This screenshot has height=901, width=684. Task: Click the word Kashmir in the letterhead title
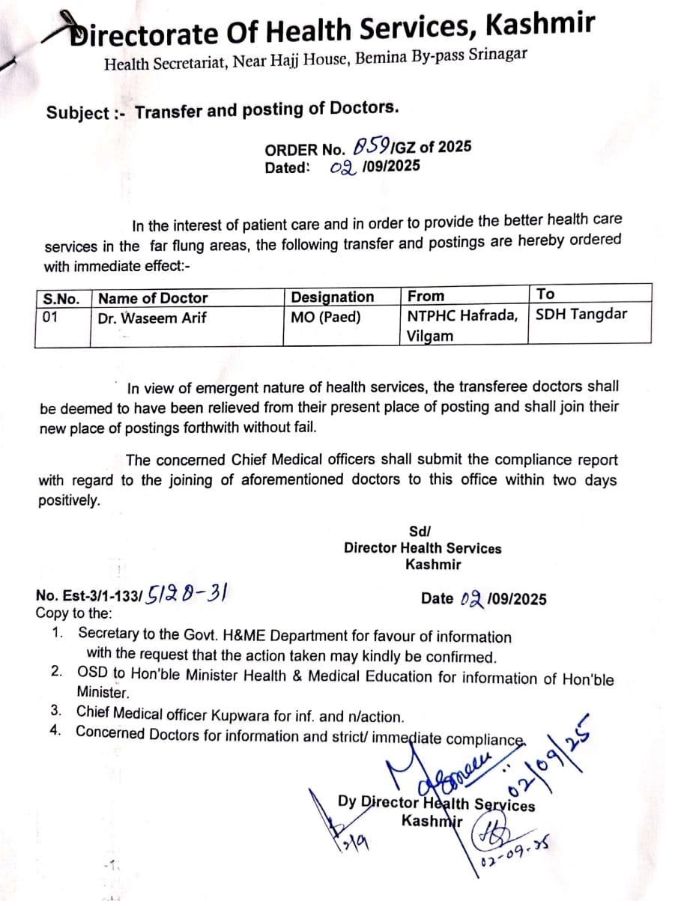pyautogui.click(x=541, y=25)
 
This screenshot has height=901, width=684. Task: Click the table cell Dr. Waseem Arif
pyautogui.click(x=152, y=318)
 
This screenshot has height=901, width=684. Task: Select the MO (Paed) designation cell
pyautogui.click(x=326, y=318)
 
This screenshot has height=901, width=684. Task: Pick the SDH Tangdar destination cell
pyautogui.click(x=581, y=314)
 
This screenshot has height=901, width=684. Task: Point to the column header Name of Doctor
pyautogui.click(x=153, y=298)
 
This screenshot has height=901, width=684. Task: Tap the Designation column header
pyautogui.click(x=332, y=297)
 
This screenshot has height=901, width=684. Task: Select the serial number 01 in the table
pyautogui.click(x=50, y=318)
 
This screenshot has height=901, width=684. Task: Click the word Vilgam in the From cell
pyautogui.click(x=430, y=336)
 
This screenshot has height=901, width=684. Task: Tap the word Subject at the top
pyautogui.click(x=78, y=113)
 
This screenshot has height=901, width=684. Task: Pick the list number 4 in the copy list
pyautogui.click(x=55, y=732)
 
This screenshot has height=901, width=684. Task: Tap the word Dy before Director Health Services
pyautogui.click(x=347, y=801)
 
